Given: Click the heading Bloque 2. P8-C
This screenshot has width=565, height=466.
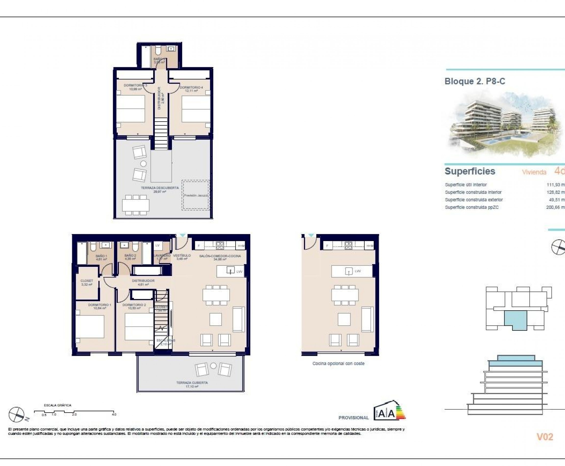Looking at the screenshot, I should [475, 81].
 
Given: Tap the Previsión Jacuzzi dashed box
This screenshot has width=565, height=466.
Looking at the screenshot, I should [196, 195].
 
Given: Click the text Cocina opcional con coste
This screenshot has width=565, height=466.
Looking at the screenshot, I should [338, 363].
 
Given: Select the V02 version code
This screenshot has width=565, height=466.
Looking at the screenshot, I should [545, 437].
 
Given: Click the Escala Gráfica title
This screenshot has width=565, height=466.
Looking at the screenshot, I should [57, 405].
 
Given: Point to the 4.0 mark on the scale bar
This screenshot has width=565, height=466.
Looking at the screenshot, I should [114, 414].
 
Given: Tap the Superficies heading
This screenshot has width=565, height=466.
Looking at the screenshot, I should [470, 171].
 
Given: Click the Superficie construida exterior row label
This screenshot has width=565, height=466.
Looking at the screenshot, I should [474, 200].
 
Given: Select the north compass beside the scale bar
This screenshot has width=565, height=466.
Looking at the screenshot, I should [17, 414].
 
